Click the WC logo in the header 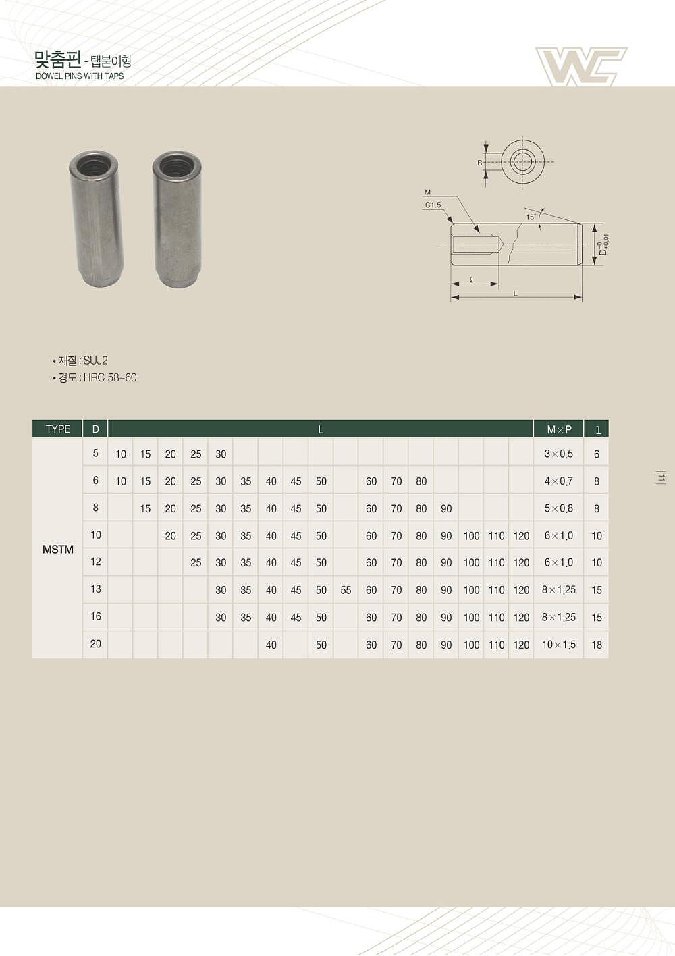tap(580, 66)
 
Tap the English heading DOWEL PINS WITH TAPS tap(80, 76)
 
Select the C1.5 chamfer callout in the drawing tap(433, 205)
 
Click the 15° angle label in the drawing tap(531, 217)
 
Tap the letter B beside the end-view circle tap(480, 163)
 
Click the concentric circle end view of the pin tap(522, 162)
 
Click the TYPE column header tap(57, 429)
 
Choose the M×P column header tap(559, 429)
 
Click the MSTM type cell tap(57, 550)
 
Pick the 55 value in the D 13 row tap(346, 590)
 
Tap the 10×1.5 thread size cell tap(559, 645)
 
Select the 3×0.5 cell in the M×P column tap(559, 454)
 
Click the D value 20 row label tap(95, 644)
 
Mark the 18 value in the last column tap(597, 645)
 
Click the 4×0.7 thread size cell tap(559, 481)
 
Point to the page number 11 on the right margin tap(661, 478)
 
